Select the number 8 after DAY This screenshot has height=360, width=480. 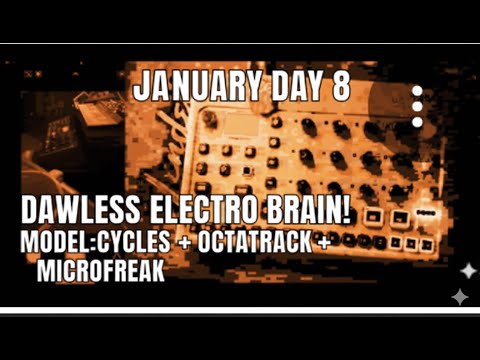click(340, 86)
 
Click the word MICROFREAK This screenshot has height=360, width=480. click(100, 268)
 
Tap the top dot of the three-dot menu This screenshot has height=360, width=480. click(417, 92)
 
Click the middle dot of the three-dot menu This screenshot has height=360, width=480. click(417, 107)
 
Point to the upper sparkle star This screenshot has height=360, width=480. click(467, 271)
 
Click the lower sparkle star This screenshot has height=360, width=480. click(459, 296)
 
